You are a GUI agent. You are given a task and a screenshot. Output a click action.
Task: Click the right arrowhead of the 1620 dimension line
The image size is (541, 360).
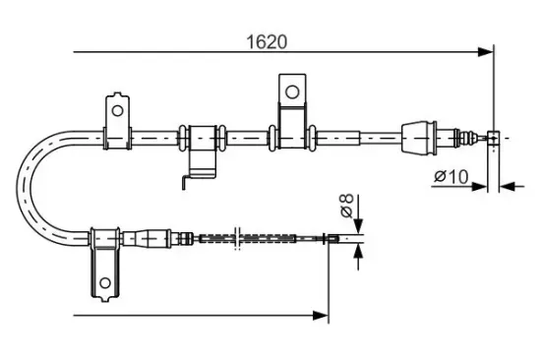pos(485,51)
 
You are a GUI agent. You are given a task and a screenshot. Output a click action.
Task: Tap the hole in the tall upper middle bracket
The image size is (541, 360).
pos(291,91)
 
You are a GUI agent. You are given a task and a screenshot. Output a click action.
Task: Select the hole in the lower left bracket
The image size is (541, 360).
pos(105,286)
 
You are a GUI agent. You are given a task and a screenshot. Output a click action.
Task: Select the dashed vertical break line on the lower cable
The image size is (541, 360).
pos(236,238)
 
